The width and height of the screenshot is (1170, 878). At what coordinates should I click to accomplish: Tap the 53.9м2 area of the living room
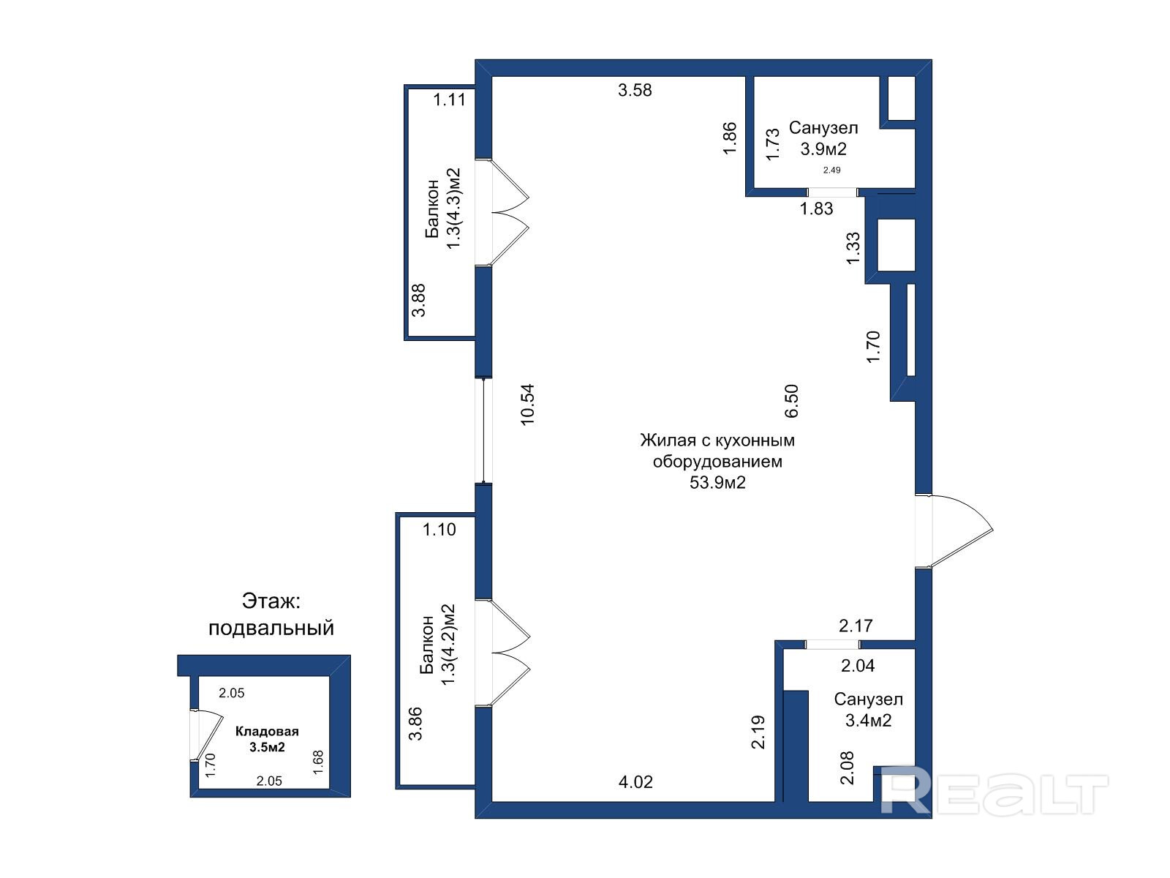tap(717, 482)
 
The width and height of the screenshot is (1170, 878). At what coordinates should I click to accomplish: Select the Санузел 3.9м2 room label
tap(823, 138)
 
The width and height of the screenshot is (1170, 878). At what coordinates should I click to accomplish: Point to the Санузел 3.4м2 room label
tap(868, 710)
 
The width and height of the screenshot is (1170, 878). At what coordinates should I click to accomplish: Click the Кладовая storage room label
tap(267, 732)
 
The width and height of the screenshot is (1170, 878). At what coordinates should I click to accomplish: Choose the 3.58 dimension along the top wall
tap(635, 90)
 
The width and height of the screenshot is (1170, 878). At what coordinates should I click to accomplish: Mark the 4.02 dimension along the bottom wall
tap(635, 782)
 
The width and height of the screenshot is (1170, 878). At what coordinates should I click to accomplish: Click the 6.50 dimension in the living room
tap(791, 401)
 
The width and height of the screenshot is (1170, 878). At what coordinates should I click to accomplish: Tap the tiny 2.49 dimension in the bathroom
tap(831, 170)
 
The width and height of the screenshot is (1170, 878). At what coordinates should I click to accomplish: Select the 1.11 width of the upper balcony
tap(449, 100)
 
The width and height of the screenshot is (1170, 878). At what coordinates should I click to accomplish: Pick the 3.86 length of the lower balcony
tap(415, 724)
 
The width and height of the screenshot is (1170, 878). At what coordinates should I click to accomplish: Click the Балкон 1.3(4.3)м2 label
tap(442, 209)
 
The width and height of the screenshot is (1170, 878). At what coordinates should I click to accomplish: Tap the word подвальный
tap(271, 628)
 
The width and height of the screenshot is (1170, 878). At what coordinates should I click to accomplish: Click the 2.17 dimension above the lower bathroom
tap(856, 626)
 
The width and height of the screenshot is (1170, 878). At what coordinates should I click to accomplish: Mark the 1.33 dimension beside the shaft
tap(853, 247)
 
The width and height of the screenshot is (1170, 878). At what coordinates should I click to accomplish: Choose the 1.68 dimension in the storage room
tap(318, 762)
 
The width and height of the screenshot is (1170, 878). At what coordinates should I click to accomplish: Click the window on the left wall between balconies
tap(483, 430)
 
